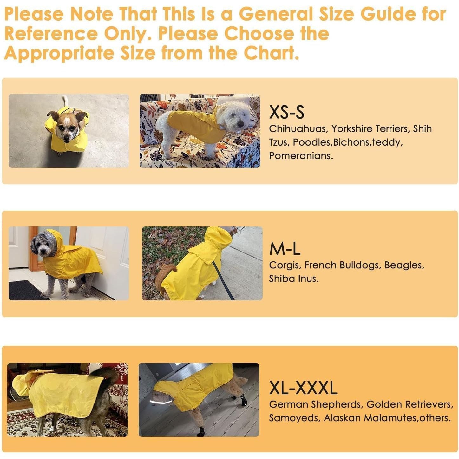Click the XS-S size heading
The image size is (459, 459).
pos(286,112)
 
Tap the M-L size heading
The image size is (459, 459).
pos(285,249)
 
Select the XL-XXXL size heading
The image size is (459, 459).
pos(303,388)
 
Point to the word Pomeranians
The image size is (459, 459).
pos(301,156)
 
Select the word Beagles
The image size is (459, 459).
pos(404,265)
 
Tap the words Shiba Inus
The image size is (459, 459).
pos(293,279)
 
